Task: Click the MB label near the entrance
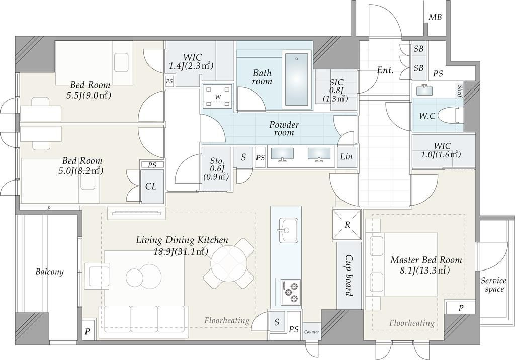click(435, 17)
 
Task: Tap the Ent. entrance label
click(385, 70)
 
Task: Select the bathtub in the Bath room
click(297, 79)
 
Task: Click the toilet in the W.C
click(451, 116)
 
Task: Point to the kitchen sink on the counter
click(288, 230)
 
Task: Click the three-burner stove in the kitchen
click(291, 291)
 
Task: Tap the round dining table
click(228, 264)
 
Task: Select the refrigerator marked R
click(347, 225)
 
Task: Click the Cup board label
click(349, 276)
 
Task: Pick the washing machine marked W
click(218, 97)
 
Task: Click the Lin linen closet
click(347, 157)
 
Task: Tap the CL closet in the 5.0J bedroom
click(151, 187)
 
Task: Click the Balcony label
click(50, 272)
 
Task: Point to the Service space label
click(494, 285)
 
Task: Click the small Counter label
click(311, 332)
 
